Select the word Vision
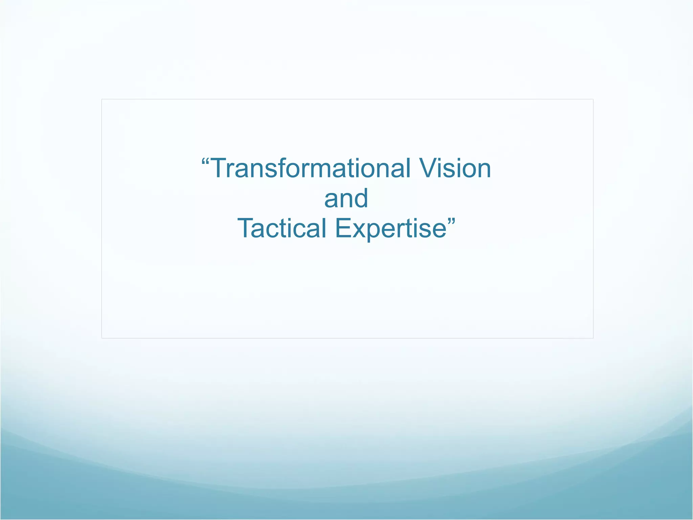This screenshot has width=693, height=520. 455,168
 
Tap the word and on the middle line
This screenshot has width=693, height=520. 346,199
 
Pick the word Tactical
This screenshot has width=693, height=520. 282,228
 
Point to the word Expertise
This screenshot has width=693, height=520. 391,229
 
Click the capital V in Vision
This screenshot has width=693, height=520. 429,168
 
